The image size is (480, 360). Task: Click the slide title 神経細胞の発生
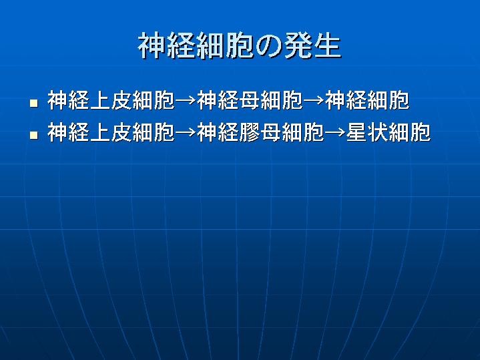[240, 46]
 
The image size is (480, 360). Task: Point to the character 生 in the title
[326, 46]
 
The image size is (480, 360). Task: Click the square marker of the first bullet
[34, 103]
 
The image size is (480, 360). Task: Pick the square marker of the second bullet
[34, 135]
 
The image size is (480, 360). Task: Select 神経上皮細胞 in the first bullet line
[111, 100]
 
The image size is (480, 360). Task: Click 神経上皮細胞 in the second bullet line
[111, 132]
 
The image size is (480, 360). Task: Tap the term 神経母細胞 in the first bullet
[250, 100]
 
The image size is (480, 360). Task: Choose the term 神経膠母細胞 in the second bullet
[260, 132]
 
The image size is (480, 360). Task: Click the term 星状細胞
[389, 132]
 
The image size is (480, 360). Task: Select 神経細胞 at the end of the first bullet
[367, 100]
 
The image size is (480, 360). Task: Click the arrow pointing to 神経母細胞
[186, 100]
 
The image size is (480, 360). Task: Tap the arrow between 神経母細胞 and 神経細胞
[314, 100]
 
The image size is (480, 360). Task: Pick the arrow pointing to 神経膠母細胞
[186, 133]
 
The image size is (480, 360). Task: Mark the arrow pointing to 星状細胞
[335, 133]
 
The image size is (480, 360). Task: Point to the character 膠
[250, 132]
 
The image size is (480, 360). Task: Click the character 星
[357, 132]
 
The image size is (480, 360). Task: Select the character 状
[378, 132]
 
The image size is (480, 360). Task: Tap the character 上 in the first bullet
[100, 100]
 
